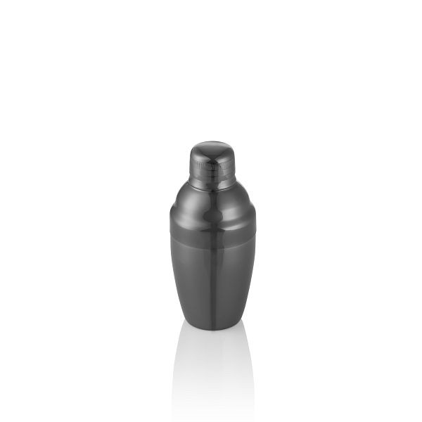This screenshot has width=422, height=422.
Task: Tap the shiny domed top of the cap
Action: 212,149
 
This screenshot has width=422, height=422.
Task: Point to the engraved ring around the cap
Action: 212,167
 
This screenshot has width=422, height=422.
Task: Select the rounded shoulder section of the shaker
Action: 212,207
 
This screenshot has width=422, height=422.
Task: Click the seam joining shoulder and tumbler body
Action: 212,235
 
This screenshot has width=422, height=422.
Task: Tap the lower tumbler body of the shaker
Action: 212,281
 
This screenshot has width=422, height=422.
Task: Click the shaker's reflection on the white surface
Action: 212,366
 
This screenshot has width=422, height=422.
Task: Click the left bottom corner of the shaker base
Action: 189,325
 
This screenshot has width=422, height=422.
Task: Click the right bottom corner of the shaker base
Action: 236,325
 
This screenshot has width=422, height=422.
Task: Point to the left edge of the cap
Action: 190,165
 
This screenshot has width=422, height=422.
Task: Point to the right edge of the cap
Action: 236,165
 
